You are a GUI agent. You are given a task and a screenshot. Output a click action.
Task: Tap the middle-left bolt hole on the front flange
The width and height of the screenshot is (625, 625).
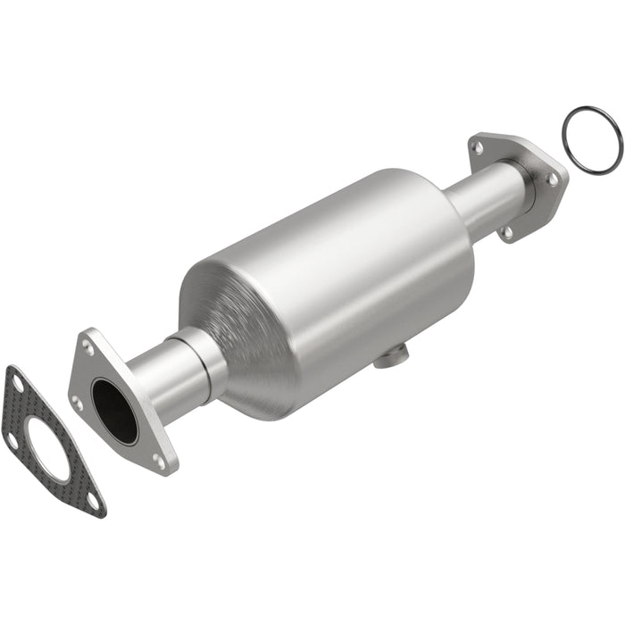click(x=77, y=403)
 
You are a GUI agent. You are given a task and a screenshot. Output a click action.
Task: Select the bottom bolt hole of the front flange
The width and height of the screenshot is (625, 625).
click(x=159, y=461)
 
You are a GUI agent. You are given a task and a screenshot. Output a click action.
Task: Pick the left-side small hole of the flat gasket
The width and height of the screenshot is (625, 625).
click(x=12, y=439)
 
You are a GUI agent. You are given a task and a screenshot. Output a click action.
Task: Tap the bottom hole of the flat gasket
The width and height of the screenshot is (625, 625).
click(x=93, y=502)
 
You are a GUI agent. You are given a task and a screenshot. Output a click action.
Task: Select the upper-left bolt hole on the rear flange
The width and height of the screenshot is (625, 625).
click(x=477, y=146)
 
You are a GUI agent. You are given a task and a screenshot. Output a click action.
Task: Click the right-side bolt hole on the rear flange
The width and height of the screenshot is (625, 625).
click(x=553, y=179)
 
